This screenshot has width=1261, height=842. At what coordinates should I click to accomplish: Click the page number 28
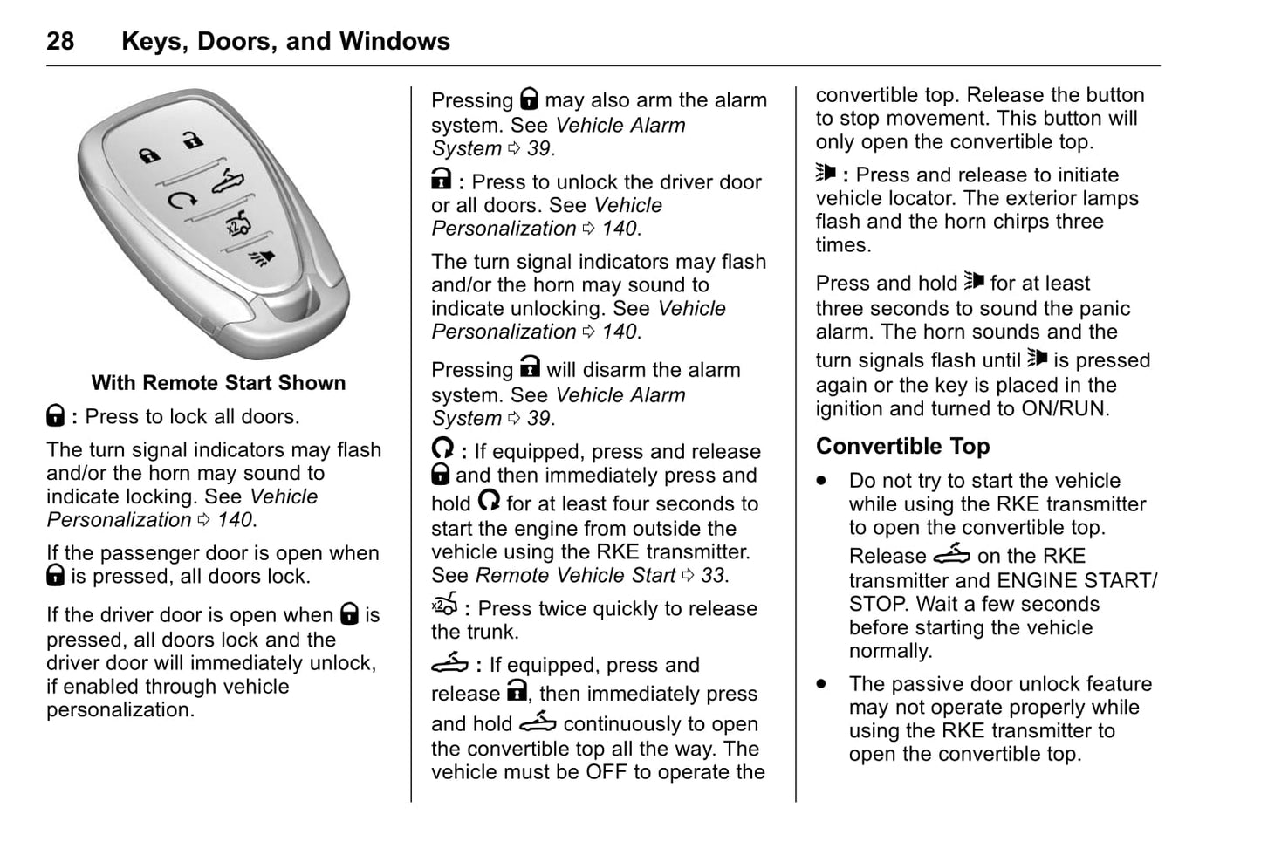[x=60, y=41]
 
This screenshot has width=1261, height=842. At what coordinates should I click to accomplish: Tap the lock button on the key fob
[x=149, y=156]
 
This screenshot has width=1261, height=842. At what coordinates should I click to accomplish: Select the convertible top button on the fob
[x=229, y=182]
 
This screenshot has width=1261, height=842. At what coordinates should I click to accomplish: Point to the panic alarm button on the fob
[x=257, y=258]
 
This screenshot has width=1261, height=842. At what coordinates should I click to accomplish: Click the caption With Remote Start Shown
[x=218, y=383]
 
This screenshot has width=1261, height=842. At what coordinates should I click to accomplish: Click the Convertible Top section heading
[x=902, y=446]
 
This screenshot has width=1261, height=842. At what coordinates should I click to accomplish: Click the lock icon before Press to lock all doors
[x=55, y=416]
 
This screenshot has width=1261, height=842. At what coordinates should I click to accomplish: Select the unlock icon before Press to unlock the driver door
[x=442, y=181]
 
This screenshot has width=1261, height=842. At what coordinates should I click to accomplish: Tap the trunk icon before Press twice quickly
[x=445, y=606]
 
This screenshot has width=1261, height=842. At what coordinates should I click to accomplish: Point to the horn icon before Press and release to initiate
[x=826, y=173]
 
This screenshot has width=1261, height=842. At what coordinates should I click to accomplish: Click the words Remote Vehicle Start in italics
[x=575, y=575]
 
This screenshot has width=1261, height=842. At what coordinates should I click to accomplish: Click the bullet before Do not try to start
[x=821, y=481]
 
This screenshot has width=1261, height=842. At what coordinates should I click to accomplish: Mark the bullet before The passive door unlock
[x=821, y=684]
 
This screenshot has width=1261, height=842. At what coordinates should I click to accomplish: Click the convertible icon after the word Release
[x=951, y=555]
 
